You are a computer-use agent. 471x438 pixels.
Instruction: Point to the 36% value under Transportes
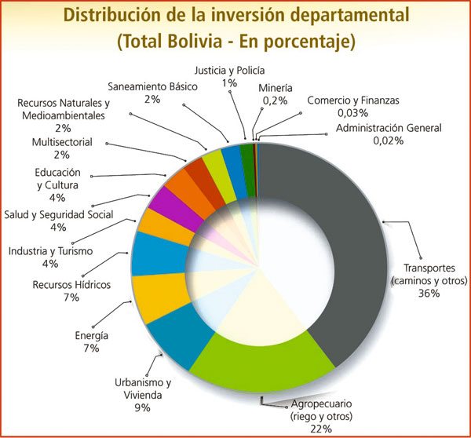point(429,293)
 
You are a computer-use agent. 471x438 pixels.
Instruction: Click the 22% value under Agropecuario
point(320,428)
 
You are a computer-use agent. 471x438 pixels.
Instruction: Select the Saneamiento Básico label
point(152,86)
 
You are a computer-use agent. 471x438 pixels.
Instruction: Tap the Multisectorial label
point(63,142)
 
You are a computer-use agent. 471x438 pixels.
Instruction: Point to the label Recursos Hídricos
point(71,284)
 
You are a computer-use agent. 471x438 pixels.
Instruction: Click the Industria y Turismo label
point(50,251)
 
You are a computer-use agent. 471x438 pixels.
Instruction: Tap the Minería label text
point(276,88)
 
